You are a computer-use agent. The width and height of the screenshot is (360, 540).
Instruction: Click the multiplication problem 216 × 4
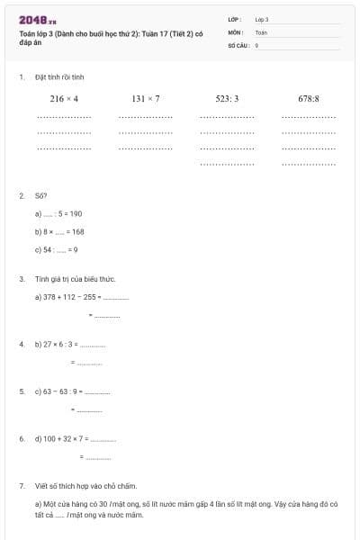(x=64, y=98)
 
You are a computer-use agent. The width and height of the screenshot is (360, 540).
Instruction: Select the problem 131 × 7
(x=145, y=98)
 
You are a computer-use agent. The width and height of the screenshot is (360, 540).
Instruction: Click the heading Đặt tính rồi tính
(x=59, y=78)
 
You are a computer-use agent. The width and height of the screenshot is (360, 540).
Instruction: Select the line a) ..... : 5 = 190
(x=58, y=213)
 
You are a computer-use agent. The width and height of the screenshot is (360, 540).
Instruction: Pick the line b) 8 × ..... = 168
(x=59, y=231)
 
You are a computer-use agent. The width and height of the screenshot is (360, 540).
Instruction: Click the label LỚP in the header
(x=235, y=19)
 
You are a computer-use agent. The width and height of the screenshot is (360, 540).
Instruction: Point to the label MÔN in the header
(x=235, y=31)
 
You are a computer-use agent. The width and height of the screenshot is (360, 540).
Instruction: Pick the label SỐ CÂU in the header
(x=238, y=44)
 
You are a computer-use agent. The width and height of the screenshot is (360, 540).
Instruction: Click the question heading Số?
(x=40, y=195)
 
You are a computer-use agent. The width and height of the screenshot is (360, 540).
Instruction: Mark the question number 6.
(x=22, y=438)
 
